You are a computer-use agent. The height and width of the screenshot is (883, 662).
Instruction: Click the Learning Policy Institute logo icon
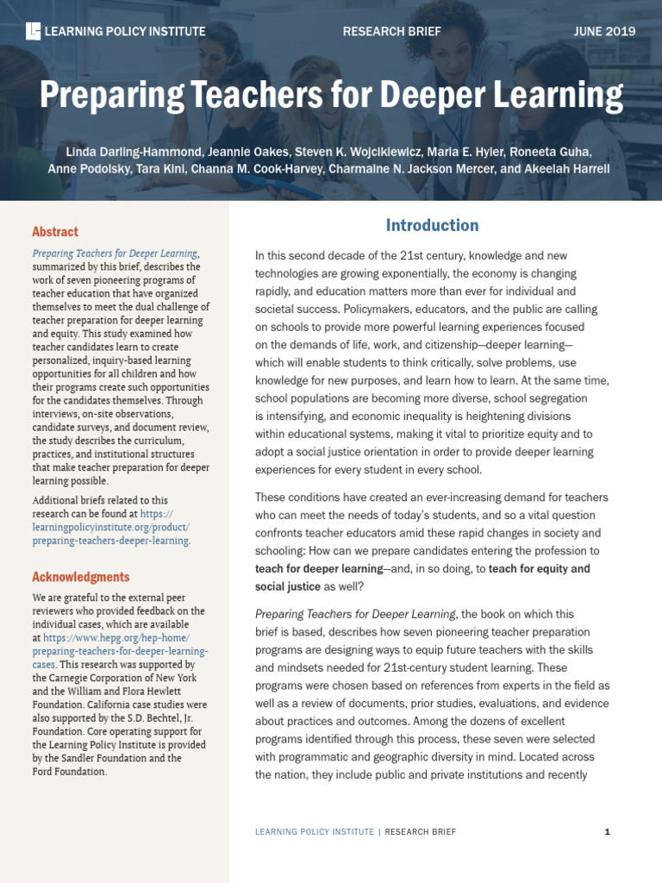pyautogui.click(x=34, y=32)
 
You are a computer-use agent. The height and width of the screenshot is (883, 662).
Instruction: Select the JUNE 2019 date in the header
pyautogui.click(x=604, y=32)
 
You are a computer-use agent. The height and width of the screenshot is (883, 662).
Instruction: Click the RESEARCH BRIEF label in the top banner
pyautogui.click(x=391, y=32)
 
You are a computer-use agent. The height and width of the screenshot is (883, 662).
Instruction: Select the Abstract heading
pyautogui.click(x=55, y=232)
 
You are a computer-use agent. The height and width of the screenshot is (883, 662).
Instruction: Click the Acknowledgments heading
pyautogui.click(x=81, y=577)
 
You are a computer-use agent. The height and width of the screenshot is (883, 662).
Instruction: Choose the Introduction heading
pyautogui.click(x=432, y=226)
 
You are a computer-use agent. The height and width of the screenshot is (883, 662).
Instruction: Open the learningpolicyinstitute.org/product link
pyautogui.click(x=110, y=527)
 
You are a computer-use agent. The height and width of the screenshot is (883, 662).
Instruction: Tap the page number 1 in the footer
pyautogui.click(x=608, y=832)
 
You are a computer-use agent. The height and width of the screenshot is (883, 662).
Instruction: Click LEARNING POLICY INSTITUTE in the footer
pyautogui.click(x=314, y=832)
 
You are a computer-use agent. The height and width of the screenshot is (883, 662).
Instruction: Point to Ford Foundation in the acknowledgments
pyautogui.click(x=69, y=772)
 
